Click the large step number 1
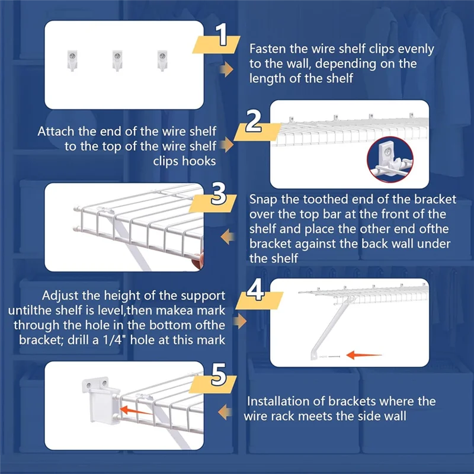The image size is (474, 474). tap(222, 35)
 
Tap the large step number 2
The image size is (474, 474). tap(254, 121)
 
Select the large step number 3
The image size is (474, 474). tap(219, 194)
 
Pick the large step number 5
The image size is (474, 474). tap(219, 375)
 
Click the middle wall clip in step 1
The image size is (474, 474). tap(117, 60)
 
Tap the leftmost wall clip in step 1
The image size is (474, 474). tap(72, 60)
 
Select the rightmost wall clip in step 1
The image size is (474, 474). tap(162, 60)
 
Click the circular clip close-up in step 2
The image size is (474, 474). tap(390, 159)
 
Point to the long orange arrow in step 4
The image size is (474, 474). tap(364, 355)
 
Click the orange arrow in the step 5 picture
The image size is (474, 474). tap(136, 411)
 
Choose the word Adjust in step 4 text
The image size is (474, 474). tap(60, 296)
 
